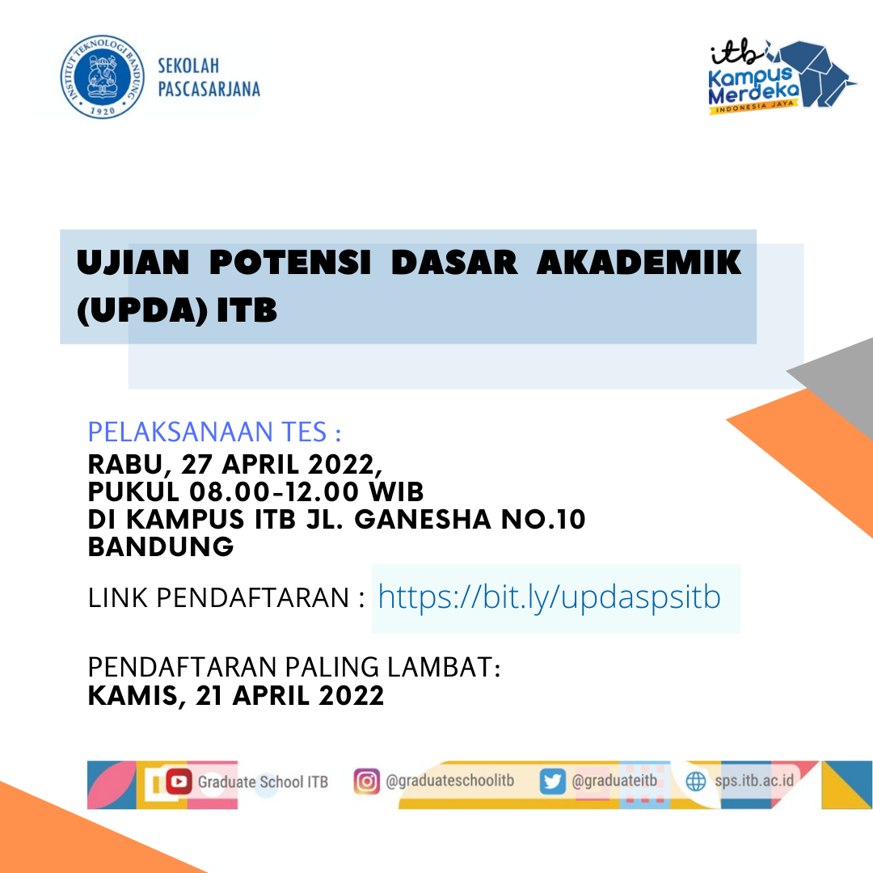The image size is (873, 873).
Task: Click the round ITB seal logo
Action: (x=103, y=77)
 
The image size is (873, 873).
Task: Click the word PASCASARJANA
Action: (x=209, y=89)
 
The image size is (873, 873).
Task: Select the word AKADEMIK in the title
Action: (x=639, y=263)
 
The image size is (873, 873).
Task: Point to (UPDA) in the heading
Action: (x=142, y=310)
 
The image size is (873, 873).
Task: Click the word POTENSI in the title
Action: (x=290, y=263)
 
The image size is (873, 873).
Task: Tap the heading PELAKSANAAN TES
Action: (x=214, y=432)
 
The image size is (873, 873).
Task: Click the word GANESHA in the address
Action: (x=423, y=520)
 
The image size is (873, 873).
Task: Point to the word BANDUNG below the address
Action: (x=161, y=546)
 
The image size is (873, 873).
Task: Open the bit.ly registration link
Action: (x=550, y=597)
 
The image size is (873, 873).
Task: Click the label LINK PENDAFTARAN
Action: (x=218, y=598)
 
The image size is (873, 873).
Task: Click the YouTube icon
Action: (x=179, y=782)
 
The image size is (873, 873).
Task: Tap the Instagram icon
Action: (x=367, y=782)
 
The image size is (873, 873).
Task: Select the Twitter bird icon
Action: (x=553, y=782)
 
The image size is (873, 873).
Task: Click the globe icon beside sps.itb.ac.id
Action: (x=696, y=782)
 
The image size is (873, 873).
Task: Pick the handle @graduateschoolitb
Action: (x=450, y=781)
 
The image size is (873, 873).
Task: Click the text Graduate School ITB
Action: (x=263, y=782)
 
